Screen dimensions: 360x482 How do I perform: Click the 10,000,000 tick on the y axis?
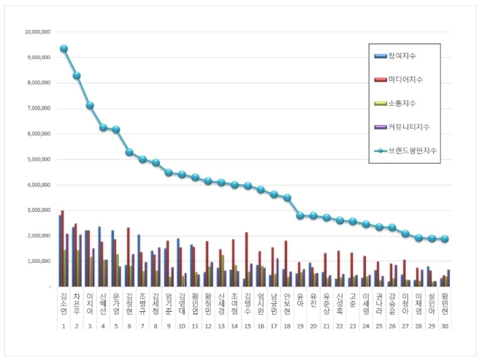coord(37,32)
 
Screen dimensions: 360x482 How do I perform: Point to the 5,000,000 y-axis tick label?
coord(38,159)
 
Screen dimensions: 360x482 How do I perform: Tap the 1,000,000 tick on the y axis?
coord(38,261)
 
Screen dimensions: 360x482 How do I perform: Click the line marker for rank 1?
coord(64,48)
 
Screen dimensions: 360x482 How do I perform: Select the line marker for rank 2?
coord(77,75)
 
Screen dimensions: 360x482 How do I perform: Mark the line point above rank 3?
coord(90,105)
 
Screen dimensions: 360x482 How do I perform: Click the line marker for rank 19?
coord(300,215)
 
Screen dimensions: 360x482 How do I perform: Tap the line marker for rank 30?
coord(445,239)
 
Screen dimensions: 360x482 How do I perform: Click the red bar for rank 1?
coord(62,248)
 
